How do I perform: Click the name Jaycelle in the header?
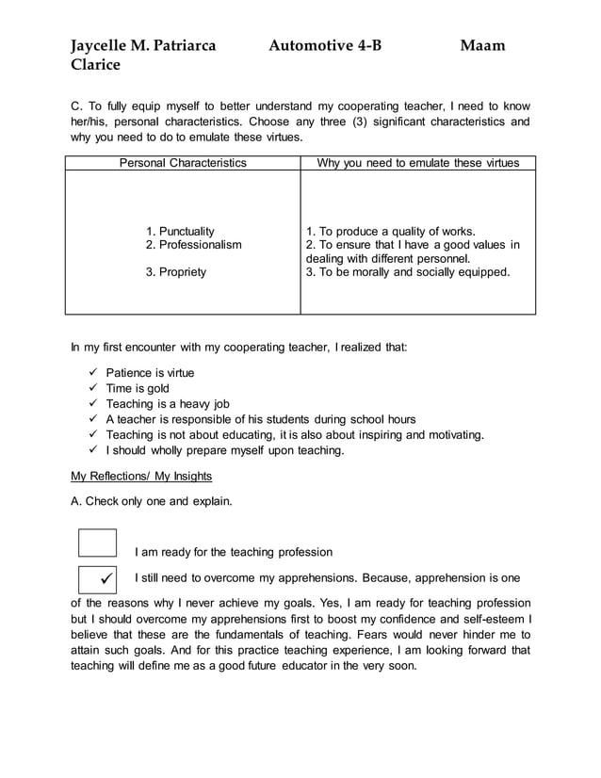(101, 45)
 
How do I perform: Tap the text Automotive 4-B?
(324, 45)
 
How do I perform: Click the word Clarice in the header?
(96, 65)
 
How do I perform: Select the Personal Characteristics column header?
(183, 163)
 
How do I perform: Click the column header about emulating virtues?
(417, 163)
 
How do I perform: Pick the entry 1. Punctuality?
(180, 231)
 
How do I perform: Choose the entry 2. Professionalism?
(193, 245)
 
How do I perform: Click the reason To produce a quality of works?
(391, 231)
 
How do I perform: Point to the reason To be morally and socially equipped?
(408, 272)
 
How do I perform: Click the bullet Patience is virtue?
(150, 373)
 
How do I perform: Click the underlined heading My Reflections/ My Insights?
(142, 476)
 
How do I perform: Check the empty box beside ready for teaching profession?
(98, 543)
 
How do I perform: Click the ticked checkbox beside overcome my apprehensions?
(98, 578)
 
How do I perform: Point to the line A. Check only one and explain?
(151, 501)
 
